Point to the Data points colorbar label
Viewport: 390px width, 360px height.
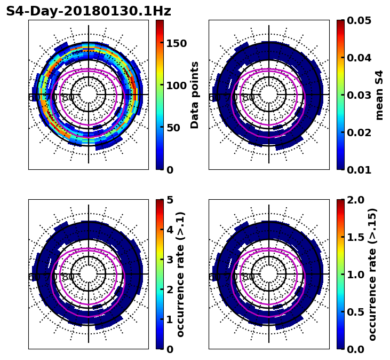195,95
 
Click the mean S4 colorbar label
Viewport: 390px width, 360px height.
379,95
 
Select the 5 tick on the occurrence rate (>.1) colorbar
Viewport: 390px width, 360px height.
170,200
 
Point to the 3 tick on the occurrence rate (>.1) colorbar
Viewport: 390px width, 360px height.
170,260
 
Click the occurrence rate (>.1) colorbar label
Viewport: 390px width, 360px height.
181,274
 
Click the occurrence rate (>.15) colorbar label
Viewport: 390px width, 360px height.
372,274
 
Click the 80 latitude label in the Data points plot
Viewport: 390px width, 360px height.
68,97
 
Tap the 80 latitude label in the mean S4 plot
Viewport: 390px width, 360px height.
249,97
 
